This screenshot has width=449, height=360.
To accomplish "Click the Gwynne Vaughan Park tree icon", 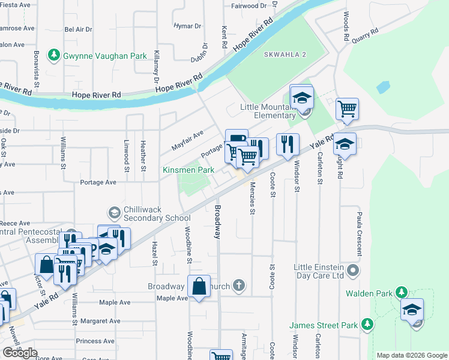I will (x=55, y=56).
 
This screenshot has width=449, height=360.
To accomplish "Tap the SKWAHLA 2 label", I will (x=285, y=55).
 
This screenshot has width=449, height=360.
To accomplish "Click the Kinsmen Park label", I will (x=188, y=170).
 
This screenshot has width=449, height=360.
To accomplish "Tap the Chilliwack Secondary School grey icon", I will (x=113, y=212).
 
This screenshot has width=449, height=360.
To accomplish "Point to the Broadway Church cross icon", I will (x=239, y=286).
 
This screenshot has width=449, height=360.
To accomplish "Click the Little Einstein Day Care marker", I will (x=354, y=271).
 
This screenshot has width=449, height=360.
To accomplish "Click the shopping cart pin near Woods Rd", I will (x=347, y=109).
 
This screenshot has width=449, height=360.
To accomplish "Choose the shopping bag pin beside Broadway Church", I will (x=199, y=286).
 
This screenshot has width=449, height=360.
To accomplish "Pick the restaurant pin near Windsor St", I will (x=288, y=143).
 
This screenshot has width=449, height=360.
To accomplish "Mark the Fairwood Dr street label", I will (x=249, y=6).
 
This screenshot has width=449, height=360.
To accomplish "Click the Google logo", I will (x=20, y=353).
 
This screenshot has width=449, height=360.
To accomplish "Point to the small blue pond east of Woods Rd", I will (x=384, y=88).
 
